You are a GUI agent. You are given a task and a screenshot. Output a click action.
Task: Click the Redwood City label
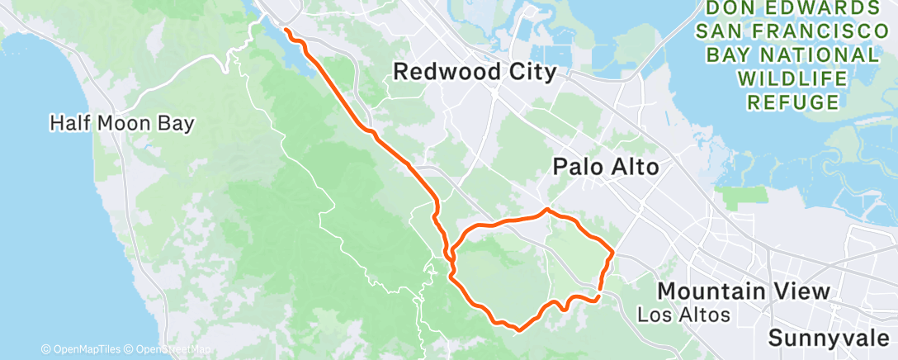474,72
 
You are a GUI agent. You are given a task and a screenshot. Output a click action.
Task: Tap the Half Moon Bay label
121,124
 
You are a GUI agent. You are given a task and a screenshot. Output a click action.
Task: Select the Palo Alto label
605,168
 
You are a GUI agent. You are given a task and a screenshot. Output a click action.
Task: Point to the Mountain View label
743,291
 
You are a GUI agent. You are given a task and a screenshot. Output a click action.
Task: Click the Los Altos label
685,315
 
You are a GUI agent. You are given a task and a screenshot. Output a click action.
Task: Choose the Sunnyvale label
831,338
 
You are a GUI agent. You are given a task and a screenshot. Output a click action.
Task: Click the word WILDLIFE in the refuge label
793,79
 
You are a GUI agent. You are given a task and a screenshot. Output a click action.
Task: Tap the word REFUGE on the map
793,102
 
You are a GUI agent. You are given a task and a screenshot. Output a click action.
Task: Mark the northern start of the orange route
286,30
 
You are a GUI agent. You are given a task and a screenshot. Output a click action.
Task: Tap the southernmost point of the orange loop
518,329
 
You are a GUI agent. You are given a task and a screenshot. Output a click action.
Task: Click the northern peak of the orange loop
546,210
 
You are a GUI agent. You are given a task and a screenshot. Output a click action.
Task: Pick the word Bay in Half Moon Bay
176,124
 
